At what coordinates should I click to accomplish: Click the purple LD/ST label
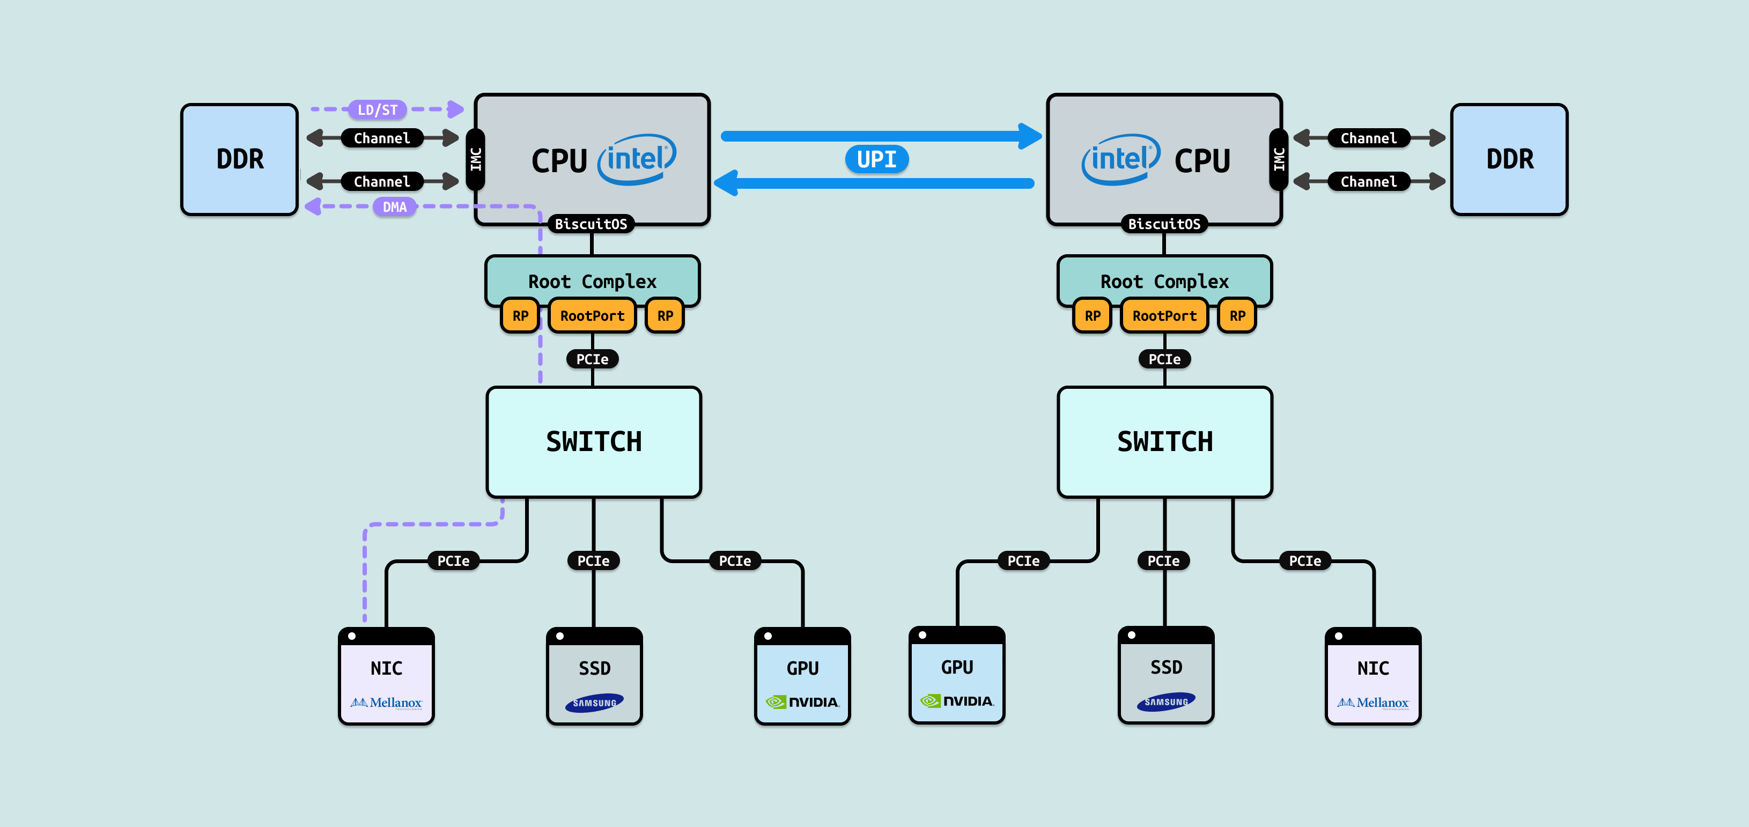[378, 109]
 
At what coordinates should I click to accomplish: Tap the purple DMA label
[394, 206]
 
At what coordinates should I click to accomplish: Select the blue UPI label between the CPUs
[876, 160]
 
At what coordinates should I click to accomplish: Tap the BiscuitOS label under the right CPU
[1164, 224]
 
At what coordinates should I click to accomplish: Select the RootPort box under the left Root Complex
[592, 316]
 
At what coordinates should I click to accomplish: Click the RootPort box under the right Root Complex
[1164, 316]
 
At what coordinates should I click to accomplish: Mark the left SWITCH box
[593, 442]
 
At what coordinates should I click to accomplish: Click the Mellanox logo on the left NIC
[386, 703]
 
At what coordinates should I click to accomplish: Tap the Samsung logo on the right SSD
[1166, 702]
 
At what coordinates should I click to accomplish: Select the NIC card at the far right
[1373, 676]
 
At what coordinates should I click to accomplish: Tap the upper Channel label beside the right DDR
[1368, 138]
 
